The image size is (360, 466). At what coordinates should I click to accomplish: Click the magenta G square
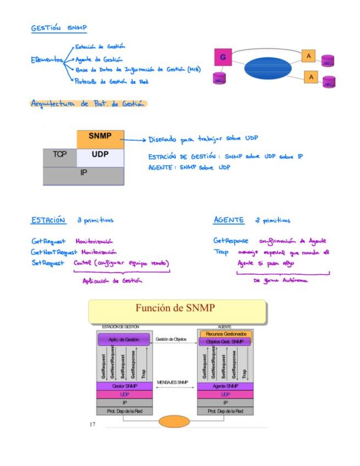[223, 57]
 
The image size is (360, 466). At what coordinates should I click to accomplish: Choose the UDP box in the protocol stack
[100, 156]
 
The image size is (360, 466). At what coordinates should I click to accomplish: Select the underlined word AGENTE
[229, 220]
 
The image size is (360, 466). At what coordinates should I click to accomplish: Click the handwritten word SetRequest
[48, 263]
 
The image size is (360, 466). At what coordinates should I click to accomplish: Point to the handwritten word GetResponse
[230, 241]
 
